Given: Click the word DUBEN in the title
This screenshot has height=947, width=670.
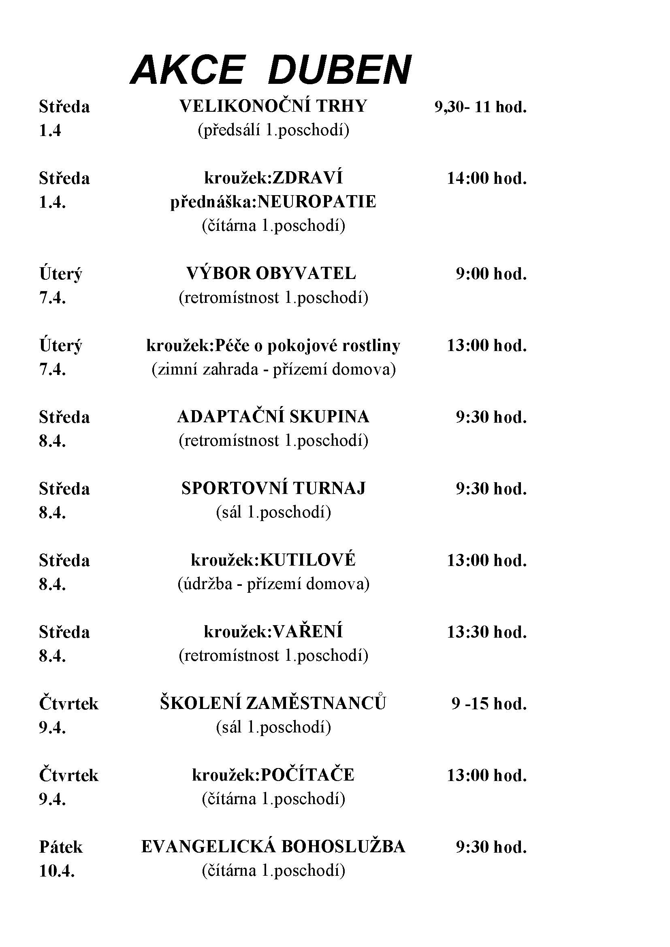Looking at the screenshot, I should click(339, 69).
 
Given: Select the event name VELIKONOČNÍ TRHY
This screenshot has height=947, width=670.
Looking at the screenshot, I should click(273, 106).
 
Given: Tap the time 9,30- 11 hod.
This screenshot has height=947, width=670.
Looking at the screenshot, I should click(480, 107).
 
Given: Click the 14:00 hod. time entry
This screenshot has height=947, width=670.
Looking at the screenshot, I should click(487, 179).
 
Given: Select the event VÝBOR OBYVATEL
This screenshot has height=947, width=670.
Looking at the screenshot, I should click(271, 273).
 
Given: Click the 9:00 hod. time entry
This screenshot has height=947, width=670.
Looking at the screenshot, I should click(491, 274).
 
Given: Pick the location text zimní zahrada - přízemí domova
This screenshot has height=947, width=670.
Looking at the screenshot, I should click(273, 370).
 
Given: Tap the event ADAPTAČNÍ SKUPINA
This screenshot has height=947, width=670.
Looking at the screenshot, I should click(273, 417).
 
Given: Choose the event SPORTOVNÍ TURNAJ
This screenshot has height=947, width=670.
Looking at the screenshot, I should click(273, 489).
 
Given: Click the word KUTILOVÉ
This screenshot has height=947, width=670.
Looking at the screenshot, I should click(308, 560).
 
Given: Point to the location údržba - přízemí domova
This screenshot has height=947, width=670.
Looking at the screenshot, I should click(273, 585).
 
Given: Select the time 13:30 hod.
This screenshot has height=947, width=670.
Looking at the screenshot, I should click(487, 632).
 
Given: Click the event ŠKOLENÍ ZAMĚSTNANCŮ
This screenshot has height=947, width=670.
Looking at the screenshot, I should click(273, 704).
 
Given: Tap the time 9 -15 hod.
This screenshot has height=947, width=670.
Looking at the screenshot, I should click(489, 704).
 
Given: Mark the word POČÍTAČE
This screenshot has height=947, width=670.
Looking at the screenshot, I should click(308, 775).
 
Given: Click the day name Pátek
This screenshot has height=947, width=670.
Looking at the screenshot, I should click(61, 847).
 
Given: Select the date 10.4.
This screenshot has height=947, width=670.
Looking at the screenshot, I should click(57, 872).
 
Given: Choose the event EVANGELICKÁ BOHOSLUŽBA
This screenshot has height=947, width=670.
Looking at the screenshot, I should click(273, 847).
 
